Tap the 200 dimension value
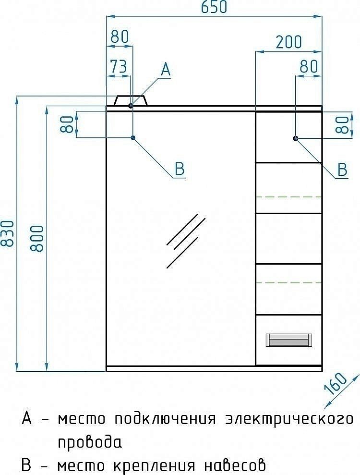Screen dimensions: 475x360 pyautogui.click(x=288, y=42)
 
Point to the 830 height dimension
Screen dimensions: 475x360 pyautogui.click(x=7, y=233)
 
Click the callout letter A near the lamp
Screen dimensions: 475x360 pyautogui.click(x=165, y=70)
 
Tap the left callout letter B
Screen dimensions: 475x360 pyautogui.click(x=179, y=169)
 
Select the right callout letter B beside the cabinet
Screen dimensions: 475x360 pyautogui.click(x=342, y=169)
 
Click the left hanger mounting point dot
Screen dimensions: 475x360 pyautogui.click(x=133, y=138)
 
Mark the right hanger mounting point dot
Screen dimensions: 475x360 pyautogui.click(x=296, y=138)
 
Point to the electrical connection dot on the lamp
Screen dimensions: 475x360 pyautogui.click(x=131, y=105)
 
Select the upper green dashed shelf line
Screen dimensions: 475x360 pyautogui.click(x=288, y=197)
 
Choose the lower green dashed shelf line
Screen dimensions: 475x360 pyautogui.click(x=288, y=283)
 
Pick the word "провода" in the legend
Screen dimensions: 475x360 pyautogui.click(x=90, y=442)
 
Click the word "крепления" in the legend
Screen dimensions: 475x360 pyautogui.click(x=154, y=465)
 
